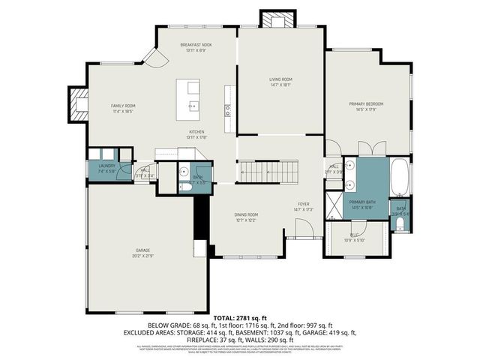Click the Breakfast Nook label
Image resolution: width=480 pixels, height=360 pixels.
[196, 45]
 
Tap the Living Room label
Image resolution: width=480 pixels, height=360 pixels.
[281, 79]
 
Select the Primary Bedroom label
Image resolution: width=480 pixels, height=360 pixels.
[366, 103]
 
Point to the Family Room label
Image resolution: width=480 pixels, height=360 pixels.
[123, 106]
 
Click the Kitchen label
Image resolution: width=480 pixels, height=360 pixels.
[196, 132]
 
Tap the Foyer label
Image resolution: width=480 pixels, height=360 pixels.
[304, 203]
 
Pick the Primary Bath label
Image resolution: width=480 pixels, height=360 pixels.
[361, 202]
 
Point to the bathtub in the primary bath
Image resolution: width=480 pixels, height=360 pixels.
[400, 175]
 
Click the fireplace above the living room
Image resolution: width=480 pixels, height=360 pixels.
[271, 19]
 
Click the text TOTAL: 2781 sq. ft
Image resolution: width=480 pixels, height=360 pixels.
[239, 318]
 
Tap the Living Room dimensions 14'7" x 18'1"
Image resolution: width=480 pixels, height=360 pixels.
[281, 85]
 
